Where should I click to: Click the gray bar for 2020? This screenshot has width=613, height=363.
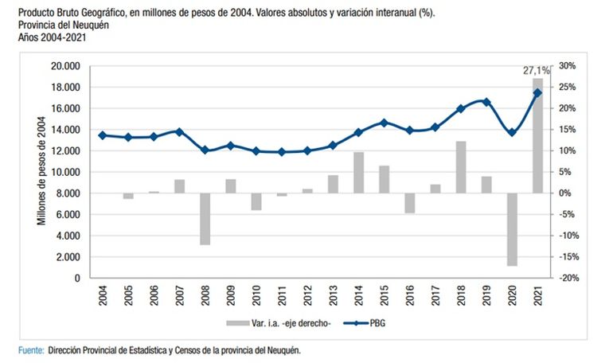[x=512, y=229]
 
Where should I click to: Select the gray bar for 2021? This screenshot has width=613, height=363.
[x=537, y=135]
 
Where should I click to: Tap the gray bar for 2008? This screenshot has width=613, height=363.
[x=205, y=219]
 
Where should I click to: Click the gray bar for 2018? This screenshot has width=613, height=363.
[x=460, y=167]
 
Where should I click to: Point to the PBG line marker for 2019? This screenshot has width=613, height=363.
[x=486, y=102]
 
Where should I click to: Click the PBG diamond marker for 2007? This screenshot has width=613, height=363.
[x=179, y=132]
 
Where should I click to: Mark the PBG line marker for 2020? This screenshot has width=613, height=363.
[x=512, y=132]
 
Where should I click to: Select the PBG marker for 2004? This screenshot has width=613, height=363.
[x=102, y=135]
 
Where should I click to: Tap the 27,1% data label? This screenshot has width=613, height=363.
[x=533, y=71]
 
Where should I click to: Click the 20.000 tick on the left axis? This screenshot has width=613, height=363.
[x=67, y=66]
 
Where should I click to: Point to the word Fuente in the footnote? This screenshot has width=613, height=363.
[x=31, y=350]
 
